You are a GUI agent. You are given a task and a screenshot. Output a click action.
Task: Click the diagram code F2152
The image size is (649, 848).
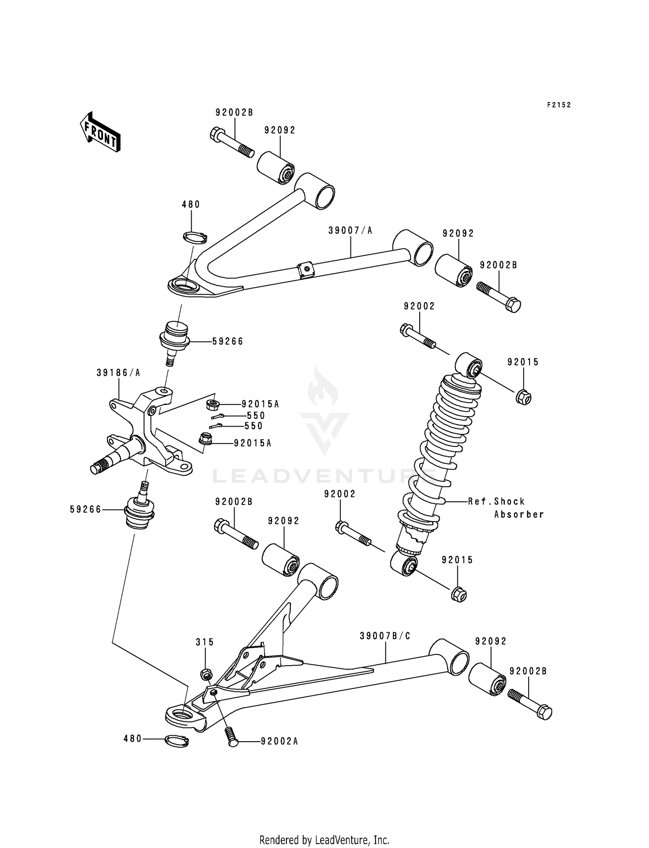click(559, 105)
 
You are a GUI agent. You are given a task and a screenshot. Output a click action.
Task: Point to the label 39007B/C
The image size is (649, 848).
click(385, 636)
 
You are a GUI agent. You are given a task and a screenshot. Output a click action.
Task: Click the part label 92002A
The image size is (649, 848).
click(279, 742)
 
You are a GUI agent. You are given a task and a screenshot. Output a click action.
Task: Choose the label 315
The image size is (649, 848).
click(205, 642)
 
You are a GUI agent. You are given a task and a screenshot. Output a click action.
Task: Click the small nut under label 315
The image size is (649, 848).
click(206, 674)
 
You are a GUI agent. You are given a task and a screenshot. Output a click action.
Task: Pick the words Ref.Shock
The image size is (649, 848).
click(496, 501)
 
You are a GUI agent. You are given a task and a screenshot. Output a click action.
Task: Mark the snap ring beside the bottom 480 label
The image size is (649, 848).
click(177, 741)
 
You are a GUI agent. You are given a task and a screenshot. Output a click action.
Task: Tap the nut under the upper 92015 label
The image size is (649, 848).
click(524, 396)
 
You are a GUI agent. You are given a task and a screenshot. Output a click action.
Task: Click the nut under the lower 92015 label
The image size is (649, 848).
click(459, 595)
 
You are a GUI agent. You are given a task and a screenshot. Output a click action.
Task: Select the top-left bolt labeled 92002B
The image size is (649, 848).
click(231, 142)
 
